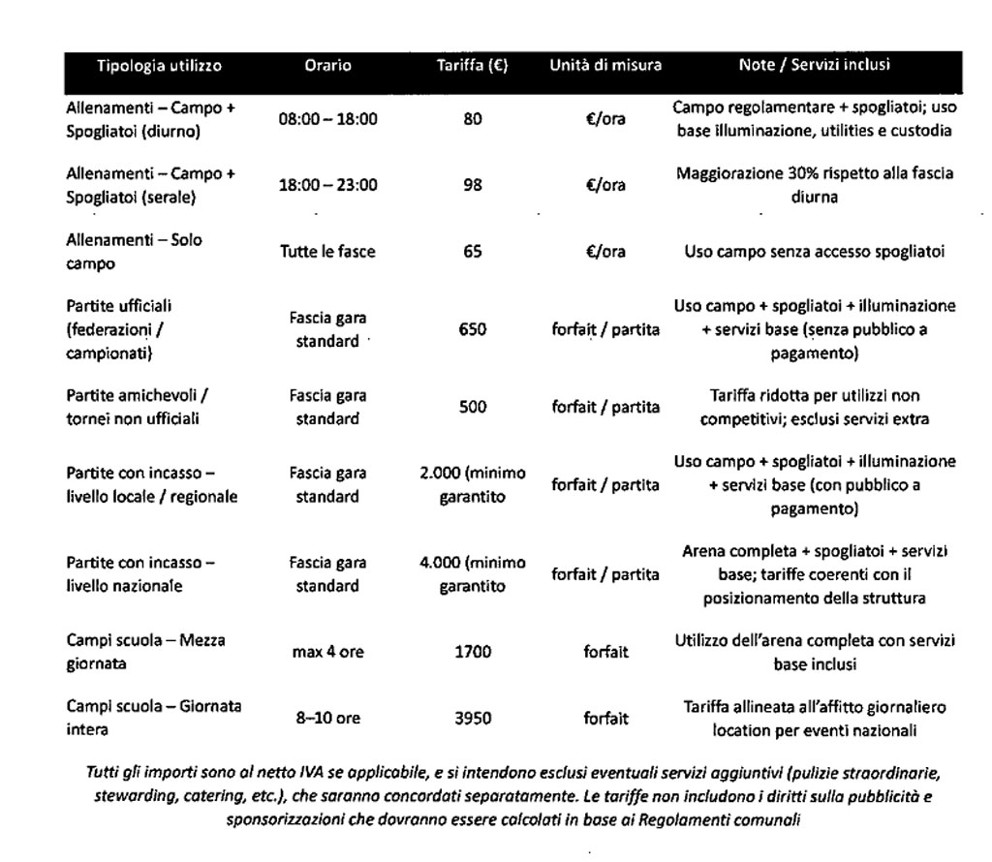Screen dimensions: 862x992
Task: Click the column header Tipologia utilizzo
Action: (159, 66)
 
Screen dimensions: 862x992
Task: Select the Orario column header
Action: (327, 66)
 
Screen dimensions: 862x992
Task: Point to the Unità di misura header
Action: (605, 66)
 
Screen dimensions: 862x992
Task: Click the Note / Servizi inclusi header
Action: (814, 66)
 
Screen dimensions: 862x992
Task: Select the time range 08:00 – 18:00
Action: (327, 120)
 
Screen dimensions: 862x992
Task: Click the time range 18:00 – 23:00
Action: (327, 185)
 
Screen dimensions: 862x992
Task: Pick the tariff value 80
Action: (473, 120)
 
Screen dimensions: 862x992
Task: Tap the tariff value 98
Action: (473, 185)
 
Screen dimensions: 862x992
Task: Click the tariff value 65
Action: (473, 251)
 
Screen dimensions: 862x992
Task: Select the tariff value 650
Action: (473, 329)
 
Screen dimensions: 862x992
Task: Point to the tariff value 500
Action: (473, 407)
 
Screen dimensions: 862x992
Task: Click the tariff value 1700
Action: (473, 652)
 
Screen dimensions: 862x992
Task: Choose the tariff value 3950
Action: (473, 718)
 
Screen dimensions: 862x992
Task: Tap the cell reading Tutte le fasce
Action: (327, 251)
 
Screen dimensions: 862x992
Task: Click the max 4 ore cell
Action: (327, 652)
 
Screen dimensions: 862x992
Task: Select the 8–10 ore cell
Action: (327, 718)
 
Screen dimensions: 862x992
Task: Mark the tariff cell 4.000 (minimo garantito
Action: (473, 574)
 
